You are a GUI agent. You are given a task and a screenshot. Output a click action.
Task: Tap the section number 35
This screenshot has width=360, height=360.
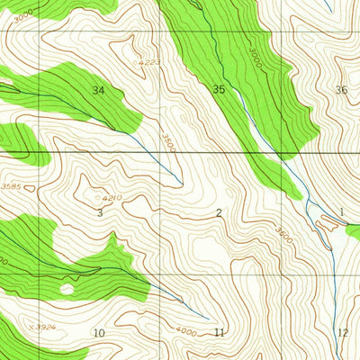pyautogui.click(x=219, y=89)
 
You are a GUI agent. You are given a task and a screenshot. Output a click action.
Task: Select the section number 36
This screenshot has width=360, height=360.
pyautogui.click(x=340, y=89)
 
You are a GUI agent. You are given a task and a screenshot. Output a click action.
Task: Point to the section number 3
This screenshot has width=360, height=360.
pyautogui.click(x=99, y=213)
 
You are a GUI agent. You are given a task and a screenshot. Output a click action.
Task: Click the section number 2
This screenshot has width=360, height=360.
pyautogui.click(x=219, y=212)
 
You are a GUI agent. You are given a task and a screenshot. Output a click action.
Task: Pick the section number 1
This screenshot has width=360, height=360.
pyautogui.click(x=342, y=212)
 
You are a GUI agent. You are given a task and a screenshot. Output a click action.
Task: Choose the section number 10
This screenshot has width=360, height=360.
pyautogui.click(x=99, y=333)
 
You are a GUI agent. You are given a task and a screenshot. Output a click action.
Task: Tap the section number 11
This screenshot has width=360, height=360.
pyautogui.click(x=219, y=333)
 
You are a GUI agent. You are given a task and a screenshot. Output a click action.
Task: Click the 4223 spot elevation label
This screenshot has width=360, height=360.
pyautogui.click(x=151, y=62)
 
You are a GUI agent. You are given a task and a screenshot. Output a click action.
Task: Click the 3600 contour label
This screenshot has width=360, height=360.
pyautogui.click(x=283, y=236)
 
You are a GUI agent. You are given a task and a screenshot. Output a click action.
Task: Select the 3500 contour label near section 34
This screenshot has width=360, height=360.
pyautogui.click(x=167, y=141)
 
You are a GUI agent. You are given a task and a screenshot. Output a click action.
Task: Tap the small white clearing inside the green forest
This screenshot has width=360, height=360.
pyautogui.click(x=65, y=289)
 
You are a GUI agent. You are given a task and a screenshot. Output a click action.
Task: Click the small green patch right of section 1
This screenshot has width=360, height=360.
pyautogui.click(x=353, y=231)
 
